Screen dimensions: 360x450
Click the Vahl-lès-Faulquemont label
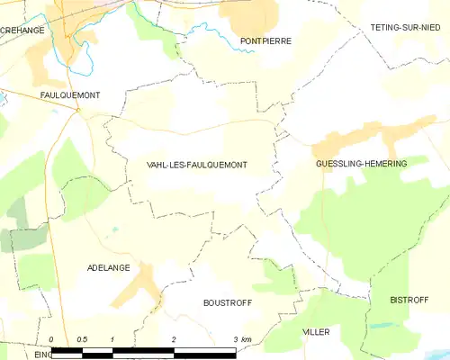click(x=196, y=165)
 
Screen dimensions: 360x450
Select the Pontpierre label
click(x=265, y=41)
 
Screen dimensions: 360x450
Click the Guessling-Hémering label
click(x=361, y=164)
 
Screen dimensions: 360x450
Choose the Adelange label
click(x=109, y=268)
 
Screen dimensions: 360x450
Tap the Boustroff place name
click(x=227, y=302)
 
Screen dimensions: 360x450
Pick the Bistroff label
click(x=409, y=299)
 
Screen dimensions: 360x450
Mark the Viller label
click(x=316, y=332)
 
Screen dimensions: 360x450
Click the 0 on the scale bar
click(x=51, y=338)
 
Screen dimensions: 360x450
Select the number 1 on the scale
click(x=112, y=338)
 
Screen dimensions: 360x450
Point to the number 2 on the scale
click(x=173, y=338)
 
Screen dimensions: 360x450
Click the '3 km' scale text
click(x=242, y=338)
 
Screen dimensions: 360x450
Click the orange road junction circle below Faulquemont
click(x=78, y=111)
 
